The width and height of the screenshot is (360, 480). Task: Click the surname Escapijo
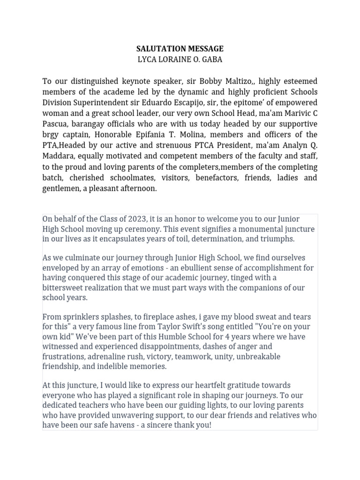(207, 103)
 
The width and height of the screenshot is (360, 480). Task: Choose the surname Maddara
(59, 157)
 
